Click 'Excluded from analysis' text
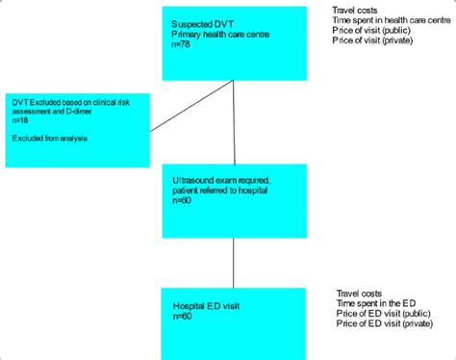46,139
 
